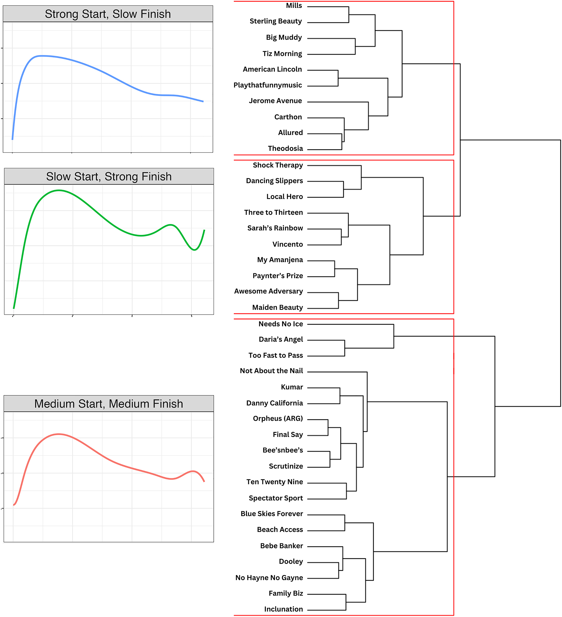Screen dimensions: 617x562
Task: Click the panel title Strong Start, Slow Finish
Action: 108,14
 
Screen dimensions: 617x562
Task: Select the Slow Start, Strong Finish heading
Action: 109,177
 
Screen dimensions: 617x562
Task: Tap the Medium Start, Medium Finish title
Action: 108,404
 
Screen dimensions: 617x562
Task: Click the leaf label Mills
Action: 294,6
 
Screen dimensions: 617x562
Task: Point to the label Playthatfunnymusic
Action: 267,85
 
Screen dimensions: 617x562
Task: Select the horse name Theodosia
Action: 285,148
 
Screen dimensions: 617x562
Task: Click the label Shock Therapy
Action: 278,165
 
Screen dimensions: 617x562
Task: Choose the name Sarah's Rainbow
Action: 275,228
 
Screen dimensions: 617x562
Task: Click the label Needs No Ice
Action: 280,324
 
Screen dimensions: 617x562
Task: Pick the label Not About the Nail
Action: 271,371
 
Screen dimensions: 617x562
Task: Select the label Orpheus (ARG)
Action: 278,418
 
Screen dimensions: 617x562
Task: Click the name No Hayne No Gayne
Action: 269,578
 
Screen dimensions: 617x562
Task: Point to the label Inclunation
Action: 283,609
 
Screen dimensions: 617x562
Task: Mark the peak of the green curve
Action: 59,190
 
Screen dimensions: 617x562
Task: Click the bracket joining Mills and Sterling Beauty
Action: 349,14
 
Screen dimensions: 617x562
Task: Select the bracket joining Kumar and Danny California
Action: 340,395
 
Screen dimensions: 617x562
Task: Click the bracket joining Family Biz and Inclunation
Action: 346,602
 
